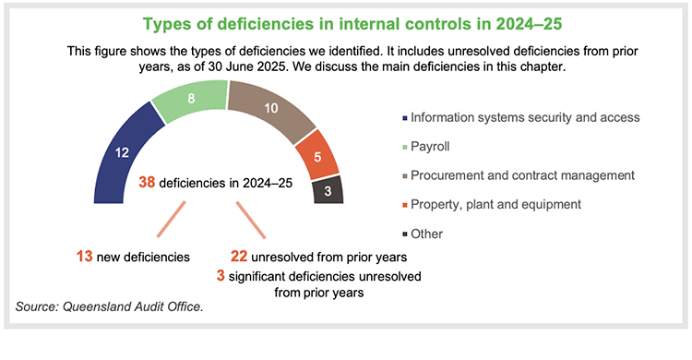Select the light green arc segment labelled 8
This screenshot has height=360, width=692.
[189, 98]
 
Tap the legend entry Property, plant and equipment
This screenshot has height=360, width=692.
[503, 203]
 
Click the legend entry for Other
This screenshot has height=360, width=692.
[427, 233]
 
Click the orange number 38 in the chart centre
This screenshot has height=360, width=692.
[147, 183]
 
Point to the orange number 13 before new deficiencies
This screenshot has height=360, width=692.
[85, 255]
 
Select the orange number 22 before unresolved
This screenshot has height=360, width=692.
[239, 255]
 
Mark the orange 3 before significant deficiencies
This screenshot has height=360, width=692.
[221, 274]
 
